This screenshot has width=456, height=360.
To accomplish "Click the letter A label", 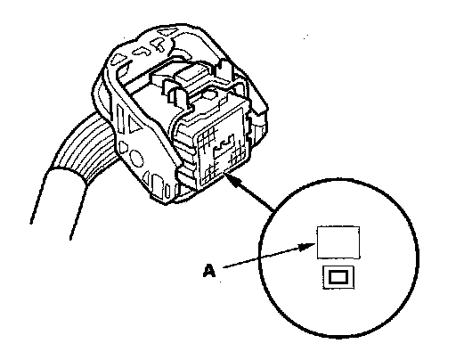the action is [209, 271].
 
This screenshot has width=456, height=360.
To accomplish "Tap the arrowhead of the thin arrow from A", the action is [307, 247].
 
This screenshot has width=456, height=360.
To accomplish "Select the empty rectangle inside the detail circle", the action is [338, 242].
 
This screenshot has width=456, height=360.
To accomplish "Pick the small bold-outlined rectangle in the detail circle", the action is [338, 277].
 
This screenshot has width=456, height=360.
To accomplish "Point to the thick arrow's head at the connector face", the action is [233, 179].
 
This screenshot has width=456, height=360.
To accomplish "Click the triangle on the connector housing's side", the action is [135, 124].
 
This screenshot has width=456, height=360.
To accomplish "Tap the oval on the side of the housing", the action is [137, 158].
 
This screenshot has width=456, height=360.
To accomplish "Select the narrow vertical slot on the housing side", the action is [121, 119].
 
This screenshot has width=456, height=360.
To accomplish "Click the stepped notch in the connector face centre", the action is [224, 145].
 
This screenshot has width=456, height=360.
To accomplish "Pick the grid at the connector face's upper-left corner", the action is [208, 137].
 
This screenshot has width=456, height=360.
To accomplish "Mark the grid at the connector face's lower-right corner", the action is [238, 155].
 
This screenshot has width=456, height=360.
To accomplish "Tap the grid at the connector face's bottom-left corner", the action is [211, 172].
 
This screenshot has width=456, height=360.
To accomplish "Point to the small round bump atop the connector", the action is [208, 95].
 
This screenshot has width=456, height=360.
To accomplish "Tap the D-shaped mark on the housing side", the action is [123, 147].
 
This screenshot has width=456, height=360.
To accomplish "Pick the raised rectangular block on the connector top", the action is [191, 74].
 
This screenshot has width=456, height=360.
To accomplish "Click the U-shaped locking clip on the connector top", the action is [175, 92].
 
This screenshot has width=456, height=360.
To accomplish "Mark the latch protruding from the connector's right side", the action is [259, 119].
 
